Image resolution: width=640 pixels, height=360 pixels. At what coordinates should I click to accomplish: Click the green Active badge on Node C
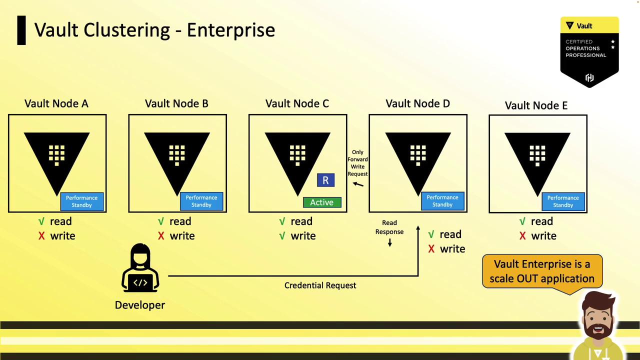[x=322, y=202]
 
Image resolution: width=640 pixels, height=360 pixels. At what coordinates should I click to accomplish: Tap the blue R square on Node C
[x=325, y=180]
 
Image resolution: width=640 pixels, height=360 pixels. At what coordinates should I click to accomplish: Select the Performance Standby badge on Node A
[x=82, y=201]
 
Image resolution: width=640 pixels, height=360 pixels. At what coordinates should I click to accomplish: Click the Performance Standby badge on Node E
[x=563, y=201]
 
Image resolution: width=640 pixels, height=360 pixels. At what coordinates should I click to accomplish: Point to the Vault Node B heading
[x=176, y=103]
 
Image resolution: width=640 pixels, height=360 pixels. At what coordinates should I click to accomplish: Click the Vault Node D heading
[x=417, y=103]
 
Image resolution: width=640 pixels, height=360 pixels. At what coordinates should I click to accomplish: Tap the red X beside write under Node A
[x=41, y=236]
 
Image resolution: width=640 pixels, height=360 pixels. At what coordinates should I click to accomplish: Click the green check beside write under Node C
[x=282, y=236]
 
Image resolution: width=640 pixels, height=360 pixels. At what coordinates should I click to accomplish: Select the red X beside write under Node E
[x=522, y=236]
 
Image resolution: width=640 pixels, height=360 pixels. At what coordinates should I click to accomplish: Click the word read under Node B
[x=180, y=221]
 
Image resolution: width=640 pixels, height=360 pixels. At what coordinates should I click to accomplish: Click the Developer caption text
[x=140, y=305]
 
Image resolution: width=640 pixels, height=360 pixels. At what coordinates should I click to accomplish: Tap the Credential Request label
[x=320, y=285]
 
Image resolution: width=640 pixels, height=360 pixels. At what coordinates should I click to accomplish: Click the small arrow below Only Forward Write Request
[x=358, y=184]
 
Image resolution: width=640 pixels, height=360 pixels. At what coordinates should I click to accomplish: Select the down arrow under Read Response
[x=389, y=242]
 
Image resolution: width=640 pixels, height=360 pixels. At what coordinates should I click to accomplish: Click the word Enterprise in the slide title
[x=231, y=29]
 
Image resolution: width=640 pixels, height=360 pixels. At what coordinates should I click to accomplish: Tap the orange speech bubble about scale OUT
[x=542, y=272]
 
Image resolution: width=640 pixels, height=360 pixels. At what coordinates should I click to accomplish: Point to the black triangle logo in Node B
[x=177, y=163]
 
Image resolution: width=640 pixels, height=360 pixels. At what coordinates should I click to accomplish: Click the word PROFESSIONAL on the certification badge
[x=585, y=55]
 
